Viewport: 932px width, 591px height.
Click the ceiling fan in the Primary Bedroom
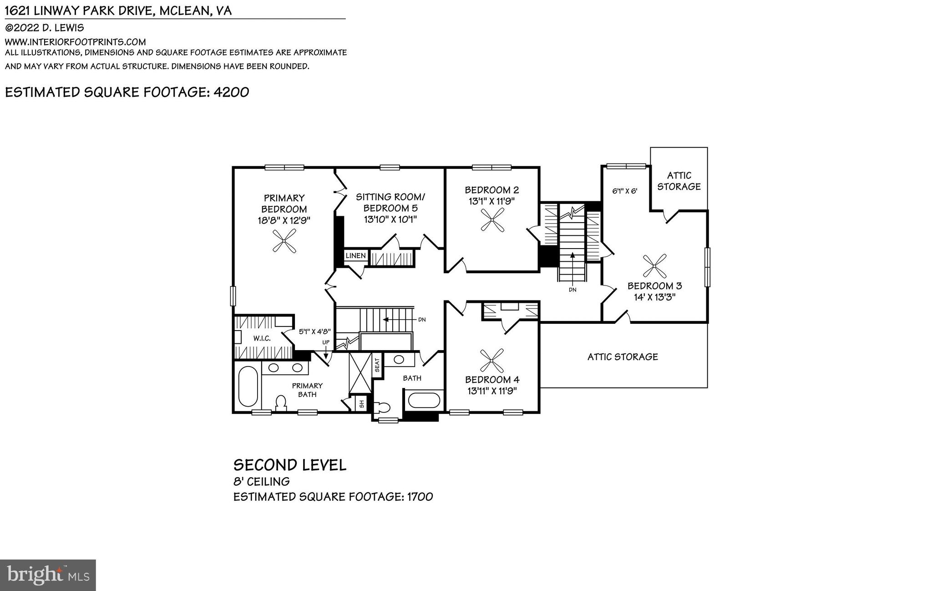284,241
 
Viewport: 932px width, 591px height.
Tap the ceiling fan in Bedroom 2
492,220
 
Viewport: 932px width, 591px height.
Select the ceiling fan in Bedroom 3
654,266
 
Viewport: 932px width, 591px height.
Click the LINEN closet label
355,255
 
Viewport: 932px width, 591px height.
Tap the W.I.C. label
262,338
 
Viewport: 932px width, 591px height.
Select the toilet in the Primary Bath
281,403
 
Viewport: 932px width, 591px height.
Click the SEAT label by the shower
377,365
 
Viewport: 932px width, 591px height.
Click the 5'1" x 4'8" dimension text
314,332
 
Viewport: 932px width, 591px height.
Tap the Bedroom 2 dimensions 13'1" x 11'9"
491,201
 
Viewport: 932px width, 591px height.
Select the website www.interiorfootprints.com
75,42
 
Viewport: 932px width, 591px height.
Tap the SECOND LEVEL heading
290,465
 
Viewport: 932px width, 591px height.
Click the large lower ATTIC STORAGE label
622,357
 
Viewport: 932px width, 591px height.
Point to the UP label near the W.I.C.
326,342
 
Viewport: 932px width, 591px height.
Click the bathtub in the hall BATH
424,401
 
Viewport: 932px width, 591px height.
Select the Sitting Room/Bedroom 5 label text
390,203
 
